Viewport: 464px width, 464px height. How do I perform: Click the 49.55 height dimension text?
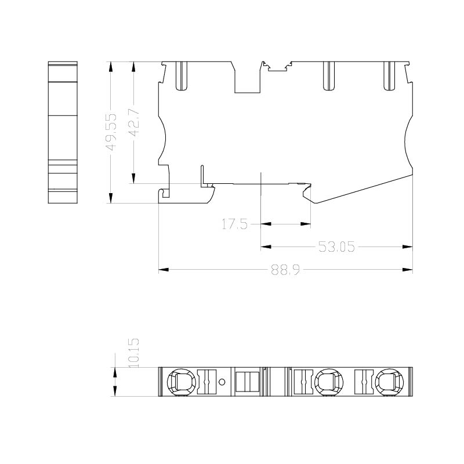pyautogui.click(x=111, y=132)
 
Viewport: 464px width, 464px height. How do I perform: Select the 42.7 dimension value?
pyautogui.click(x=135, y=122)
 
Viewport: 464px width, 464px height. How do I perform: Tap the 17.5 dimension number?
pyautogui.click(x=234, y=224)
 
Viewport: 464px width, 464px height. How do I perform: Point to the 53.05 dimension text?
pyautogui.click(x=336, y=246)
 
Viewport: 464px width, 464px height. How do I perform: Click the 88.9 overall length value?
pyautogui.click(x=285, y=270)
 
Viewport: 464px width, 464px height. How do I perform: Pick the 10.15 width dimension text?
pyautogui.click(x=134, y=353)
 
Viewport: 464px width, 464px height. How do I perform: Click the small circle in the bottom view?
pyautogui.click(x=222, y=382)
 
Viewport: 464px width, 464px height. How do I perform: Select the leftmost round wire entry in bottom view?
pyautogui.click(x=182, y=382)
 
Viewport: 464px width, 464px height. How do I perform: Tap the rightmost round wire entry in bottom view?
pyautogui.click(x=389, y=382)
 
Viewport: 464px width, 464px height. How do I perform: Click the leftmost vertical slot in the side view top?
pyautogui.click(x=182, y=76)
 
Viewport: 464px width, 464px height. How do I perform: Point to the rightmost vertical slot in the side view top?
pyautogui.click(x=389, y=76)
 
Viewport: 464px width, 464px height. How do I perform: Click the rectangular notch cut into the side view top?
pyautogui.click(x=248, y=77)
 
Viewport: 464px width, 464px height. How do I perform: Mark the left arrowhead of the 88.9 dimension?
pyautogui.click(x=164, y=270)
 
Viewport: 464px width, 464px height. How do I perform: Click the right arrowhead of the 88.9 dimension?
pyautogui.click(x=408, y=270)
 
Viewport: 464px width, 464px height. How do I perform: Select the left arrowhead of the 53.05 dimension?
pyautogui.click(x=266, y=246)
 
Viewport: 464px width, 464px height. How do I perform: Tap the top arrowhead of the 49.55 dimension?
pyautogui.click(x=111, y=67)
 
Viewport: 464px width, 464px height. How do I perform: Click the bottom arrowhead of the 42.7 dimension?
pyautogui.click(x=134, y=179)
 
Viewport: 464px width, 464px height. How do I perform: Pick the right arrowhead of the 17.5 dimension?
pyautogui.click(x=306, y=224)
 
